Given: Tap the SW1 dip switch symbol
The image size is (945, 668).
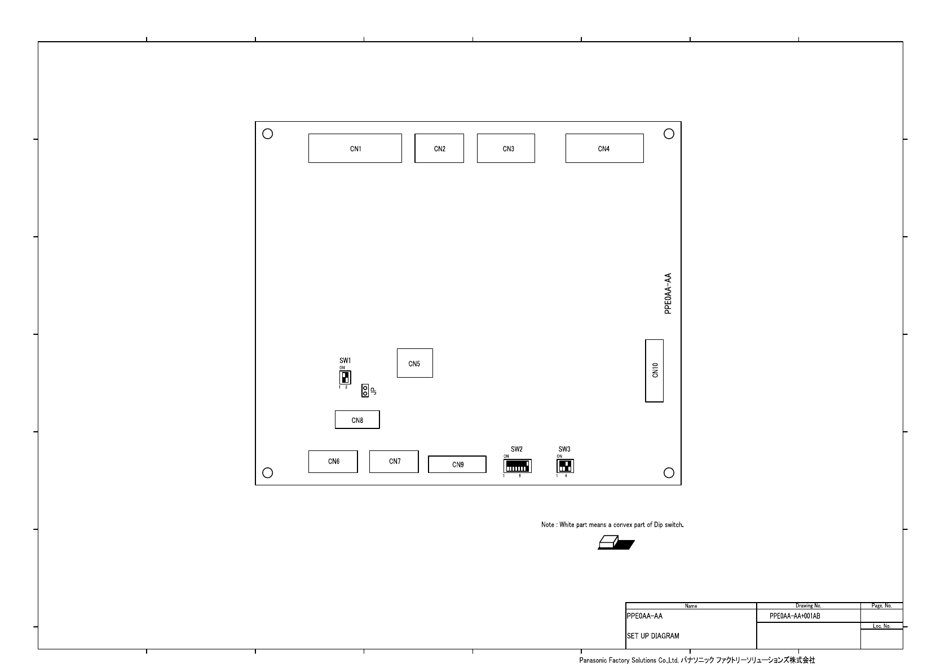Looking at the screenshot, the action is [x=345, y=377].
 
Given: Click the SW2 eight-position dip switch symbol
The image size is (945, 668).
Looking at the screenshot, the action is [x=517, y=466].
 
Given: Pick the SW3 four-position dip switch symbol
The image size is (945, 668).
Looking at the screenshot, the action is [x=566, y=466].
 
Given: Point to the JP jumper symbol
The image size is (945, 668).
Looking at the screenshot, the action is [x=365, y=391].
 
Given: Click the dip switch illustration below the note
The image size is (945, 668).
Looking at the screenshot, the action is [x=616, y=542].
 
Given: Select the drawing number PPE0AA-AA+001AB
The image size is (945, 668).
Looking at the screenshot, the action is [x=795, y=616].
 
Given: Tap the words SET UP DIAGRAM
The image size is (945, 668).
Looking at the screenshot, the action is [x=653, y=636].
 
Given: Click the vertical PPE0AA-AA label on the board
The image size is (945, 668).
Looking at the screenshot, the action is [x=668, y=294].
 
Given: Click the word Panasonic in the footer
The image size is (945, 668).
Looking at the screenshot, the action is [x=594, y=660].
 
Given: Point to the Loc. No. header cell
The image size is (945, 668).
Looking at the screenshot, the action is [x=882, y=626].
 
